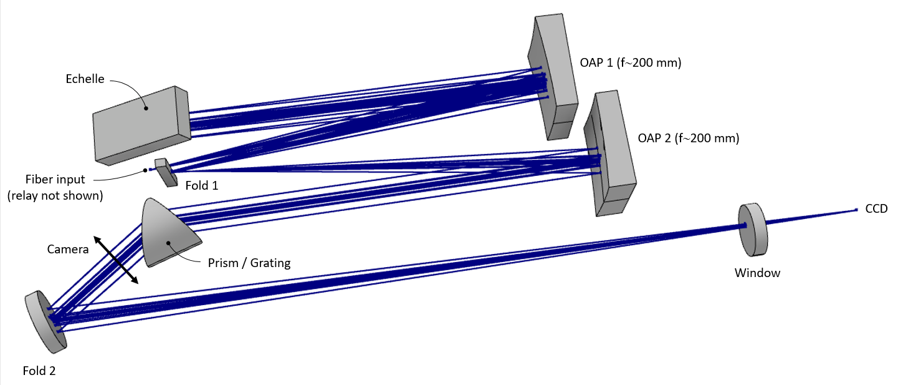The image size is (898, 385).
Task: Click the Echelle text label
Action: [85, 79]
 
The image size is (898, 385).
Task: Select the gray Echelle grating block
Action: [141, 125]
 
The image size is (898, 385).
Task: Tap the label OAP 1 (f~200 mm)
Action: [630, 62]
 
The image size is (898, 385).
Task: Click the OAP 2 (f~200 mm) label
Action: [689, 138]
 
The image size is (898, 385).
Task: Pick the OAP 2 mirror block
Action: [609, 152]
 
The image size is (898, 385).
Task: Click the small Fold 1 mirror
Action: [166, 172]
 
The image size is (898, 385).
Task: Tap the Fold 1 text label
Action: [202, 185]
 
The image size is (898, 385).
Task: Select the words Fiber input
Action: [55, 179]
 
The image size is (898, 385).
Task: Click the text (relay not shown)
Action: [55, 195]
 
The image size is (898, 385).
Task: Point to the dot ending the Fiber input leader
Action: [146, 170]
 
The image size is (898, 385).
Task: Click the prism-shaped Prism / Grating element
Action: [168, 233]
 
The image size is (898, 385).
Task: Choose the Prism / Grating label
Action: [249, 263]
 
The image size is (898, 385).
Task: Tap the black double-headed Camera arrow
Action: [116, 260]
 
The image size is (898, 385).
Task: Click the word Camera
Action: [68, 250]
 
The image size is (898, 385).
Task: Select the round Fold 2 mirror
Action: [45, 322]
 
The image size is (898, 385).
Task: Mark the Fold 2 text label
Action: [39, 371]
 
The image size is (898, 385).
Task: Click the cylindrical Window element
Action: [753, 230]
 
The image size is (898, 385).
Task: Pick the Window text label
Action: [757, 273]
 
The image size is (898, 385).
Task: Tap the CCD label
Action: [876, 209]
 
